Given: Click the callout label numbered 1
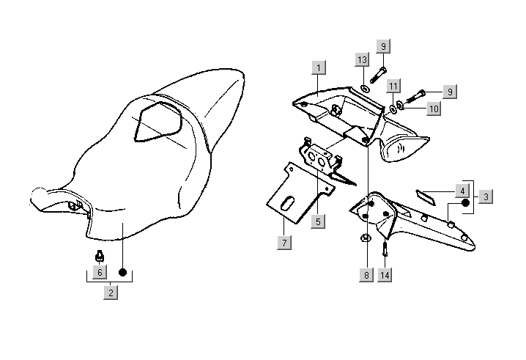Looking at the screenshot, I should pos(318,68).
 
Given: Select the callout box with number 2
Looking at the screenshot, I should pos(111,293).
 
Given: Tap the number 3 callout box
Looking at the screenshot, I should pos(486,196).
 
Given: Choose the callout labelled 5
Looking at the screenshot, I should pos(318,220).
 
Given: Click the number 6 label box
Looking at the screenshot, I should pos(100,272).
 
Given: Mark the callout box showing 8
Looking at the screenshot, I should pos(366,275).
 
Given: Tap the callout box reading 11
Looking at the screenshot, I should pos(393,86).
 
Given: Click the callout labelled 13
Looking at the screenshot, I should pos(361,59).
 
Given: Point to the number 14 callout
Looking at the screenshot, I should pos(385,275).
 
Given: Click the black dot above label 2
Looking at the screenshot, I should pos(122,272).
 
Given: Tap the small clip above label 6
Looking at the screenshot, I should pos(99,257).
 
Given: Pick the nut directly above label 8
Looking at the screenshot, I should pos(366,239).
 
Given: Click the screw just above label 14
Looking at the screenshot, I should pos(385,249).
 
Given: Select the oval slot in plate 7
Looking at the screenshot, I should pos(289,200).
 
